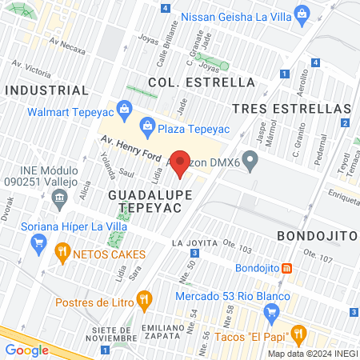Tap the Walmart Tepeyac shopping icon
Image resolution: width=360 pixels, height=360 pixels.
[x=124, y=108]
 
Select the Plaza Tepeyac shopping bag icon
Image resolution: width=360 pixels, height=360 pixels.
[x=146, y=124]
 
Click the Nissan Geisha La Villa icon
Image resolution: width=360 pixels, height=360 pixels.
[x=302, y=13]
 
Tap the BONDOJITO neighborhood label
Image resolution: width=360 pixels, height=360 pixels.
[x=316, y=236]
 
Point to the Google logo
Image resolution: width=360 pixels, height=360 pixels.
[x=26, y=350]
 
